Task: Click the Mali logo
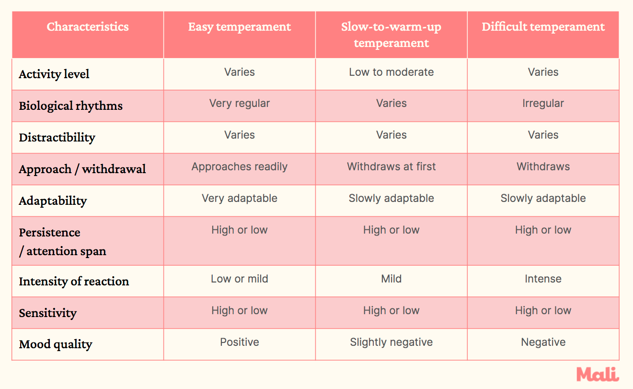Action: click(598, 374)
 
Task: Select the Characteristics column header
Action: click(88, 27)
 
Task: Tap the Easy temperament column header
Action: click(240, 27)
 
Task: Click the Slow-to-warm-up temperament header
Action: click(391, 35)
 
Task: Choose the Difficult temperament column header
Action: click(543, 27)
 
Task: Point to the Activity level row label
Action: click(54, 74)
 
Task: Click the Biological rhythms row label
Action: click(71, 106)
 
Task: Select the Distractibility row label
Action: click(57, 138)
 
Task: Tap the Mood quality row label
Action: click(56, 344)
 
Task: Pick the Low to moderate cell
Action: click(391, 72)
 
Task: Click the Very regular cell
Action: click(240, 104)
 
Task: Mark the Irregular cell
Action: click(543, 104)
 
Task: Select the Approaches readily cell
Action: click(240, 167)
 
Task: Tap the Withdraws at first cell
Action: click(391, 167)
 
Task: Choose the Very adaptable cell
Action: click(240, 199)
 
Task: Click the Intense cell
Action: click(543, 279)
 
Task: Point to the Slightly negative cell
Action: click(391, 342)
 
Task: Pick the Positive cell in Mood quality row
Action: click(240, 342)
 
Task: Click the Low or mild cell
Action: click(240, 279)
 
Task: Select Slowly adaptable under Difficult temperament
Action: click(543, 199)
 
